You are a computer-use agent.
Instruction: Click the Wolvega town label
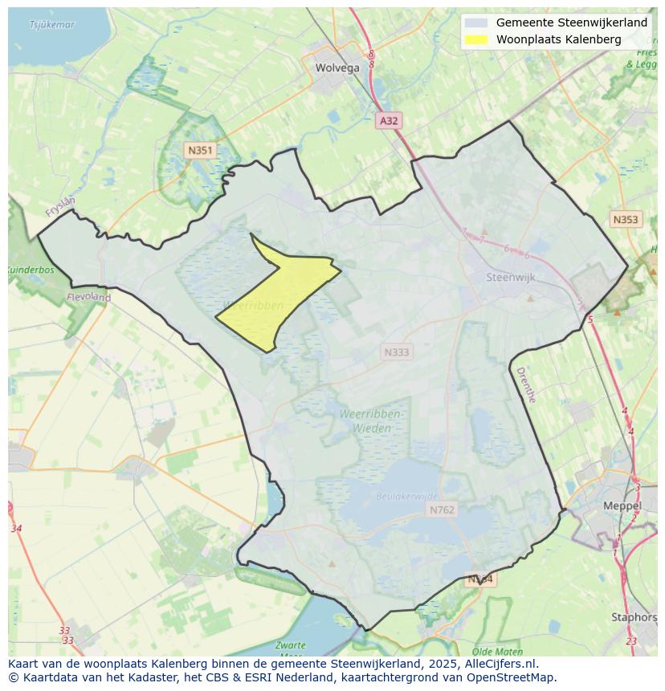[x=337, y=68]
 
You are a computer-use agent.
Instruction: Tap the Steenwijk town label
[x=511, y=278]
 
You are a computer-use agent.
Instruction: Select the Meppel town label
[x=622, y=506]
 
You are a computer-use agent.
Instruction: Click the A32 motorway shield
[x=388, y=120]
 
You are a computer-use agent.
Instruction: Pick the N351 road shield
[x=199, y=150]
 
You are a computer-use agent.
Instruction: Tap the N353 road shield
[x=625, y=219]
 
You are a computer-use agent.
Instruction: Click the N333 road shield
[x=396, y=352]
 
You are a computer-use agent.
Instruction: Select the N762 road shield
[x=442, y=510]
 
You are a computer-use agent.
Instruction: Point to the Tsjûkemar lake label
[x=51, y=25]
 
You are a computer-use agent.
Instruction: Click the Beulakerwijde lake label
[x=407, y=497]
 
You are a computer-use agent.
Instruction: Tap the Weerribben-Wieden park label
[x=371, y=421]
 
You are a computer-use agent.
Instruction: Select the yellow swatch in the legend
[x=476, y=39]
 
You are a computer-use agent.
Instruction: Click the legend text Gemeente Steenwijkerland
[x=571, y=22]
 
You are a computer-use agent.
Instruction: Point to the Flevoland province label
[x=89, y=297]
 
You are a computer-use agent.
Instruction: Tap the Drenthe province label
[x=525, y=385]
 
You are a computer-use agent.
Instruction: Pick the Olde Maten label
[x=498, y=652]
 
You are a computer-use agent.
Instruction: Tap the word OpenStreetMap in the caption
[x=514, y=677]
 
